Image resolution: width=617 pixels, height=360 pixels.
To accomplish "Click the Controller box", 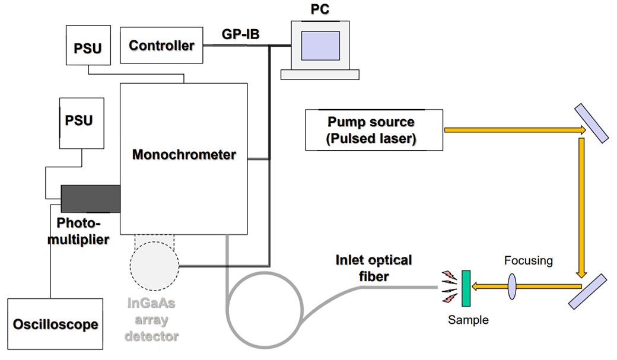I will click(161, 45).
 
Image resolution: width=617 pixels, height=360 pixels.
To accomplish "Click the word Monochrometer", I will click(184, 155).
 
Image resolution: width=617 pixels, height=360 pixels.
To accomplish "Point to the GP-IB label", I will click(240, 35).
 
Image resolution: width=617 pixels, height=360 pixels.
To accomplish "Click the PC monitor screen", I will click(320, 47).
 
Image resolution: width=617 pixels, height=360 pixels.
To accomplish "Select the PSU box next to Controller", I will click(87, 46).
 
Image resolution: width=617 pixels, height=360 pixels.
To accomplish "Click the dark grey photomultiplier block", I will click(90, 198).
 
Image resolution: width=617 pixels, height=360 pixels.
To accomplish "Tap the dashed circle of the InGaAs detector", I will click(155, 262).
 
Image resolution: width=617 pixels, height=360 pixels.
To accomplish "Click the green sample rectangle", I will click(466, 288).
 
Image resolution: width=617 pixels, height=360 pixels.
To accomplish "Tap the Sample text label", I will click(468, 320).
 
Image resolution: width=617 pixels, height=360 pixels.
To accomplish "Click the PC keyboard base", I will click(320, 74).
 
